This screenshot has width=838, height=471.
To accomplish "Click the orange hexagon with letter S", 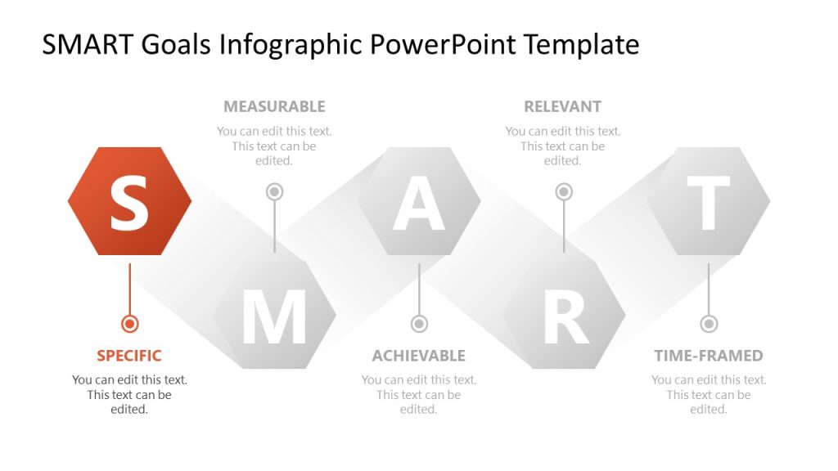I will pos(129,201).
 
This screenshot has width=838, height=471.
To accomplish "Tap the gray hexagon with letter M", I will pos(274,315).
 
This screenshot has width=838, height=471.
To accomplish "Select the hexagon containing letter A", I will pos(419,201).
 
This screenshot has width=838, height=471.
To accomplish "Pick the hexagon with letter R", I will pos(564,315).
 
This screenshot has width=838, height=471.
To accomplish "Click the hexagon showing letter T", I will pos(708,201).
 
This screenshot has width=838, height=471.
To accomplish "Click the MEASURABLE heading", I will pos(274,106).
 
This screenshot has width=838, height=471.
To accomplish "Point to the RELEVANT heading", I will pos(562,106).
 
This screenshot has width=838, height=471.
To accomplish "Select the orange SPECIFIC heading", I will pos(129,356).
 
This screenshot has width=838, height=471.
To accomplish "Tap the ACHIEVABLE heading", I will pos(418,356).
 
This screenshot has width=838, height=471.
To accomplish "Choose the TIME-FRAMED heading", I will pos(708,356).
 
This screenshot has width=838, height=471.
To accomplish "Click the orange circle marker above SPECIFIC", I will pos(129,324).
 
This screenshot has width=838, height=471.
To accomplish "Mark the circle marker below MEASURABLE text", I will pos(274,191).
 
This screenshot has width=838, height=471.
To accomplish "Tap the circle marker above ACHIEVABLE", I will pos(419,324).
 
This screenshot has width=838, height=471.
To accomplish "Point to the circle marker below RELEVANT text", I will pos(564,191).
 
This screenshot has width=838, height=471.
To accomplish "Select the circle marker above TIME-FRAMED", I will pos(709,324).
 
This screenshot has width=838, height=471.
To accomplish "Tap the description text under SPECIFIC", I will pos(129,395).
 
